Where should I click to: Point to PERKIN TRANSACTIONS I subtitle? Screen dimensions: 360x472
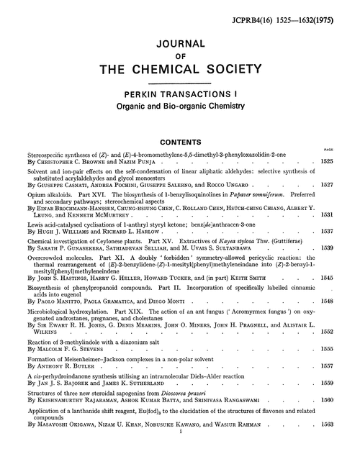(179, 94)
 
